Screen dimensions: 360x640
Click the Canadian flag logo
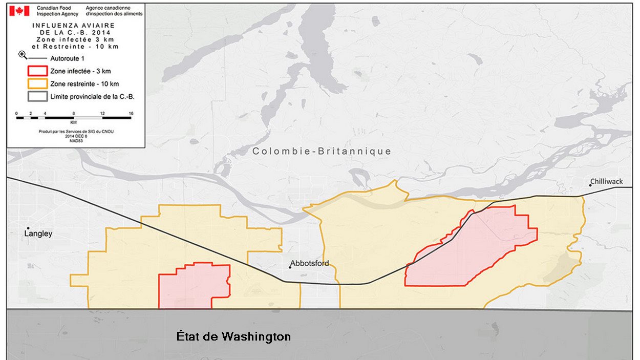click(x=19, y=11)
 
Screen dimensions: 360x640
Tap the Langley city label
click(x=38, y=234)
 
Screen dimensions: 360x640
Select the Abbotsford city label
click(x=310, y=264)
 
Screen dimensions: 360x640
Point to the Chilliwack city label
click(x=606, y=182)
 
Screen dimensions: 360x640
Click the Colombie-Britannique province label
click(x=322, y=152)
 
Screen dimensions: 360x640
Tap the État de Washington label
click(x=234, y=336)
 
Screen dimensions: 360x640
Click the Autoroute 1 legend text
click(x=68, y=59)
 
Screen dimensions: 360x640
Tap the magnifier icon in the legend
click(x=23, y=55)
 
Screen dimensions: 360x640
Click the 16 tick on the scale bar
click(x=131, y=113)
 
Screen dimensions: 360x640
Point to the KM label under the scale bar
click(x=74, y=123)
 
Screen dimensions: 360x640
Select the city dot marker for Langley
click(x=28, y=228)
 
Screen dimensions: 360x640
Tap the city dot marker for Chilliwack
click(x=590, y=185)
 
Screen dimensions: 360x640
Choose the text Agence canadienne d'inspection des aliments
click(x=114, y=11)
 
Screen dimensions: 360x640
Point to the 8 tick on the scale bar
click(x=74, y=113)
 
